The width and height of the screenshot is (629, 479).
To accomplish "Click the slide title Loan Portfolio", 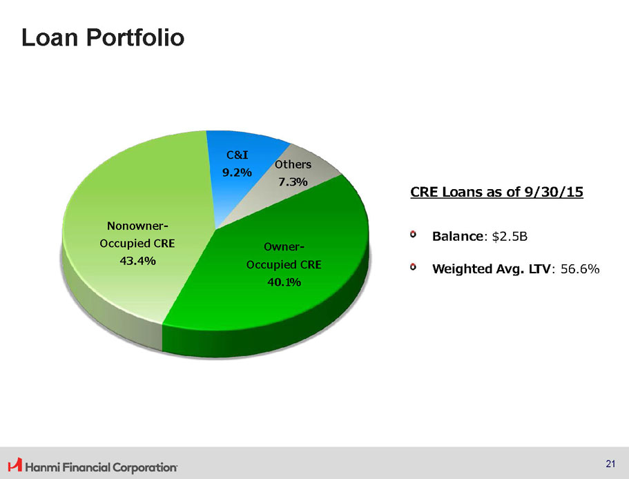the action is tap(103, 38).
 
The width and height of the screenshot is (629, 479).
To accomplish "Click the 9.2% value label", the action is tap(237, 173).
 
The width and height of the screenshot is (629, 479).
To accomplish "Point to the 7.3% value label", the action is tap(293, 182).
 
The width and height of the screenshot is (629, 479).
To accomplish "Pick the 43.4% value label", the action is tap(137, 261).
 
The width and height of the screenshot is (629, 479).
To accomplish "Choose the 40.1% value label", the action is tap(284, 282).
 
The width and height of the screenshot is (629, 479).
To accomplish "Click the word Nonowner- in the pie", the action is tap(137, 226).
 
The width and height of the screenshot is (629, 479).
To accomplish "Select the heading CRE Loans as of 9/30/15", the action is tap(496, 192).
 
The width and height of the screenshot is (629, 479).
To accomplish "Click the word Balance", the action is tap(458, 236).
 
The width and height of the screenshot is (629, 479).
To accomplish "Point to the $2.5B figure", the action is tap(510, 237).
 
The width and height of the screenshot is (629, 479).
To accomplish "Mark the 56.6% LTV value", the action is tap(580, 268).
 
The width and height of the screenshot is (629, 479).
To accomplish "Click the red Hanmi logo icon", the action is tap(15, 465).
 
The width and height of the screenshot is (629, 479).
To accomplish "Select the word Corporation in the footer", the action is tap(145, 467).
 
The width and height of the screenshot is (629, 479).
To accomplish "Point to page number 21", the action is tap(610, 464).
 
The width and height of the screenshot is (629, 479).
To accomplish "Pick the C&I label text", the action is tap(237, 155).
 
